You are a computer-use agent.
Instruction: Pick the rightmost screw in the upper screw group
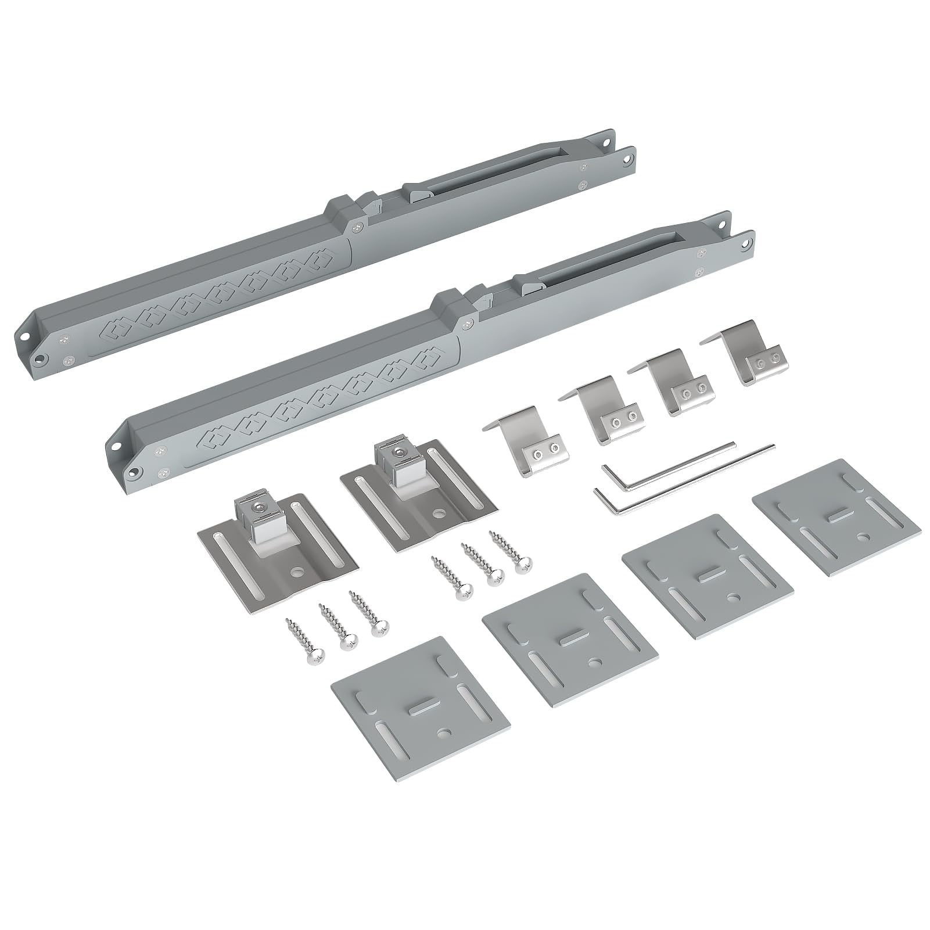click(511, 549)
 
